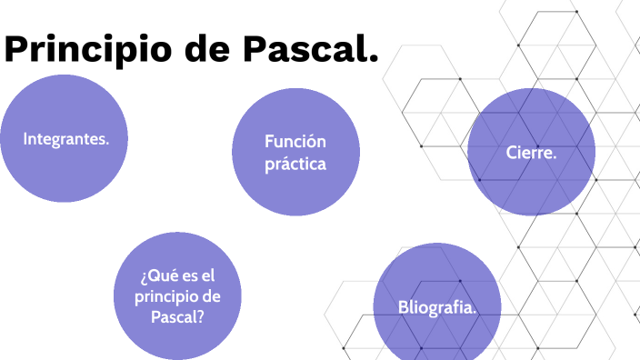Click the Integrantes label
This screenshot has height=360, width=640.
pos(65,139)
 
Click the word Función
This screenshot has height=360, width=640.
pos(295,142)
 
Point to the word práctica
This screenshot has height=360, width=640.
pos(295,165)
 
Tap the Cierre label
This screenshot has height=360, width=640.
pos(531,153)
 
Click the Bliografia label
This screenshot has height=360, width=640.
pos(437,307)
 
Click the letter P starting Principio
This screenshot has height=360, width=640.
pos(18,50)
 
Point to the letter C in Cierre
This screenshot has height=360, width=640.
pos(512,153)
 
